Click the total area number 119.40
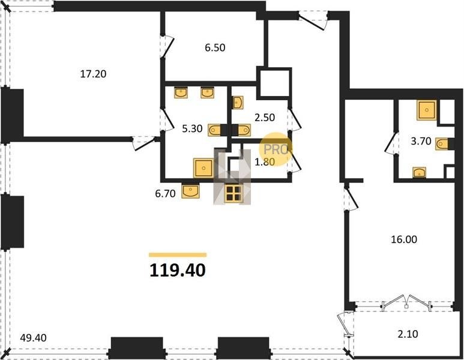(x=177, y=271)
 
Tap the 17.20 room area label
(x=93, y=74)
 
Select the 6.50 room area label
(x=215, y=47)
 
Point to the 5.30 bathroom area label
(x=192, y=128)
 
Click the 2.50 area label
(x=265, y=118)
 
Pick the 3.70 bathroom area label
(x=421, y=141)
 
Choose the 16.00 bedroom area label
(x=404, y=239)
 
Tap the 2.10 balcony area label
(x=408, y=334)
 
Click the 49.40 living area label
(x=33, y=338)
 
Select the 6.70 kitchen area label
(x=165, y=193)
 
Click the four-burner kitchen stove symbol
(x=234, y=194)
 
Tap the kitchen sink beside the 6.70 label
(x=190, y=191)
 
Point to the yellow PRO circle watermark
(x=275, y=149)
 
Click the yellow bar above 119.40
(x=178, y=254)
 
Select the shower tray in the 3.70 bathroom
(x=427, y=110)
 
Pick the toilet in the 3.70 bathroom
(x=444, y=144)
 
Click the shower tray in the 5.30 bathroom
(x=203, y=168)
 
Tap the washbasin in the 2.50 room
(x=238, y=103)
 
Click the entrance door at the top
(x=313, y=20)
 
